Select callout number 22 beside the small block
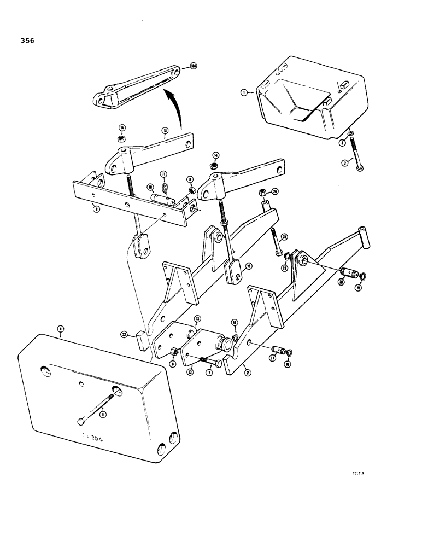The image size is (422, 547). [125, 333]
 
